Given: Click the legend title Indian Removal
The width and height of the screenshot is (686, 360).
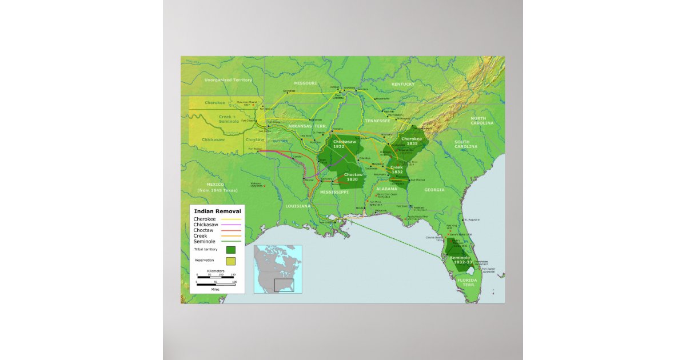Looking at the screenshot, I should (x=217, y=211).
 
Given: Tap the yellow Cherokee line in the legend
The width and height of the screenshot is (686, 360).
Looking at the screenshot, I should (x=232, y=219).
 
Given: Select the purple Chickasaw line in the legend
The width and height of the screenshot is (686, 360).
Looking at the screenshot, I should (x=232, y=225).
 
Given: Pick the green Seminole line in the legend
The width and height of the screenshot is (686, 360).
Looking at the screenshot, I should (x=232, y=241).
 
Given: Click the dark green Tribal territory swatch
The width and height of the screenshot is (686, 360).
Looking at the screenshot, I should (x=230, y=250).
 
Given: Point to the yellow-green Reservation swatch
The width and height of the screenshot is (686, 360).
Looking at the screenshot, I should (x=230, y=261).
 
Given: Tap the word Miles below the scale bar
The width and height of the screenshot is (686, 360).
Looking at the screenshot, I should (x=215, y=289).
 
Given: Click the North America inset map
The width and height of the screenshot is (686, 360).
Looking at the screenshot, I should (x=278, y=269).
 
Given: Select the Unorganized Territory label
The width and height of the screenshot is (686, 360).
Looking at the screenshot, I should (x=228, y=80).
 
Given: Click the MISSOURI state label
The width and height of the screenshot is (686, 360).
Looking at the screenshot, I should (x=305, y=83).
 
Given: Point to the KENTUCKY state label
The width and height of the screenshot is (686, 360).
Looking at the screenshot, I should (x=403, y=84).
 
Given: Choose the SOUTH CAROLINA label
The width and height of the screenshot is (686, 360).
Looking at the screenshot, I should (x=466, y=143).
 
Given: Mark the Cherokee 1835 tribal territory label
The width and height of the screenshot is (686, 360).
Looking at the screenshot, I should (x=412, y=141).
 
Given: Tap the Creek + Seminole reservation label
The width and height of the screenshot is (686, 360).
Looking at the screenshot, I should (x=229, y=119).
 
